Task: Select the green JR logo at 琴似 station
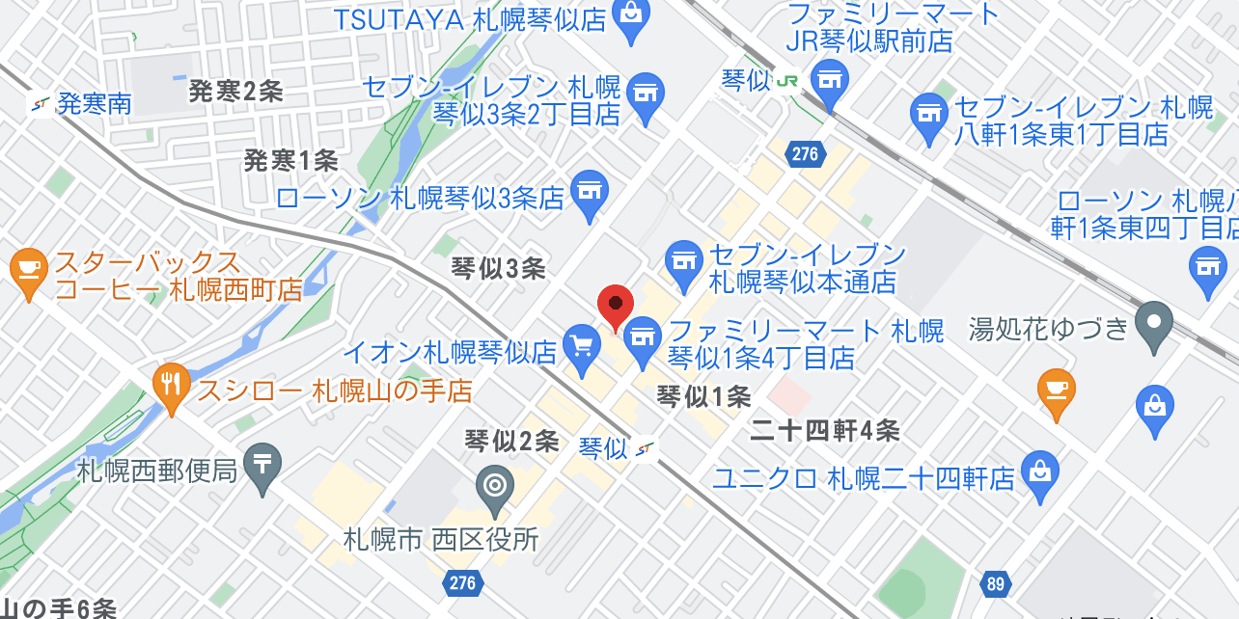tap(786, 81)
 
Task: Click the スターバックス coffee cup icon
tap(28, 269)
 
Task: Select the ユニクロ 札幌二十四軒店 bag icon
tap(1040, 472)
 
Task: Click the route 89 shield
tap(996, 583)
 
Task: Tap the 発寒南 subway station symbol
tap(41, 104)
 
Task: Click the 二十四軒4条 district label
tap(825, 431)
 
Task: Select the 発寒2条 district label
tap(234, 92)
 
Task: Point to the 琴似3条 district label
tap(498, 269)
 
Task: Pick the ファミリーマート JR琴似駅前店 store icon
tap(829, 79)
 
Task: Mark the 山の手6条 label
tap(58, 608)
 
